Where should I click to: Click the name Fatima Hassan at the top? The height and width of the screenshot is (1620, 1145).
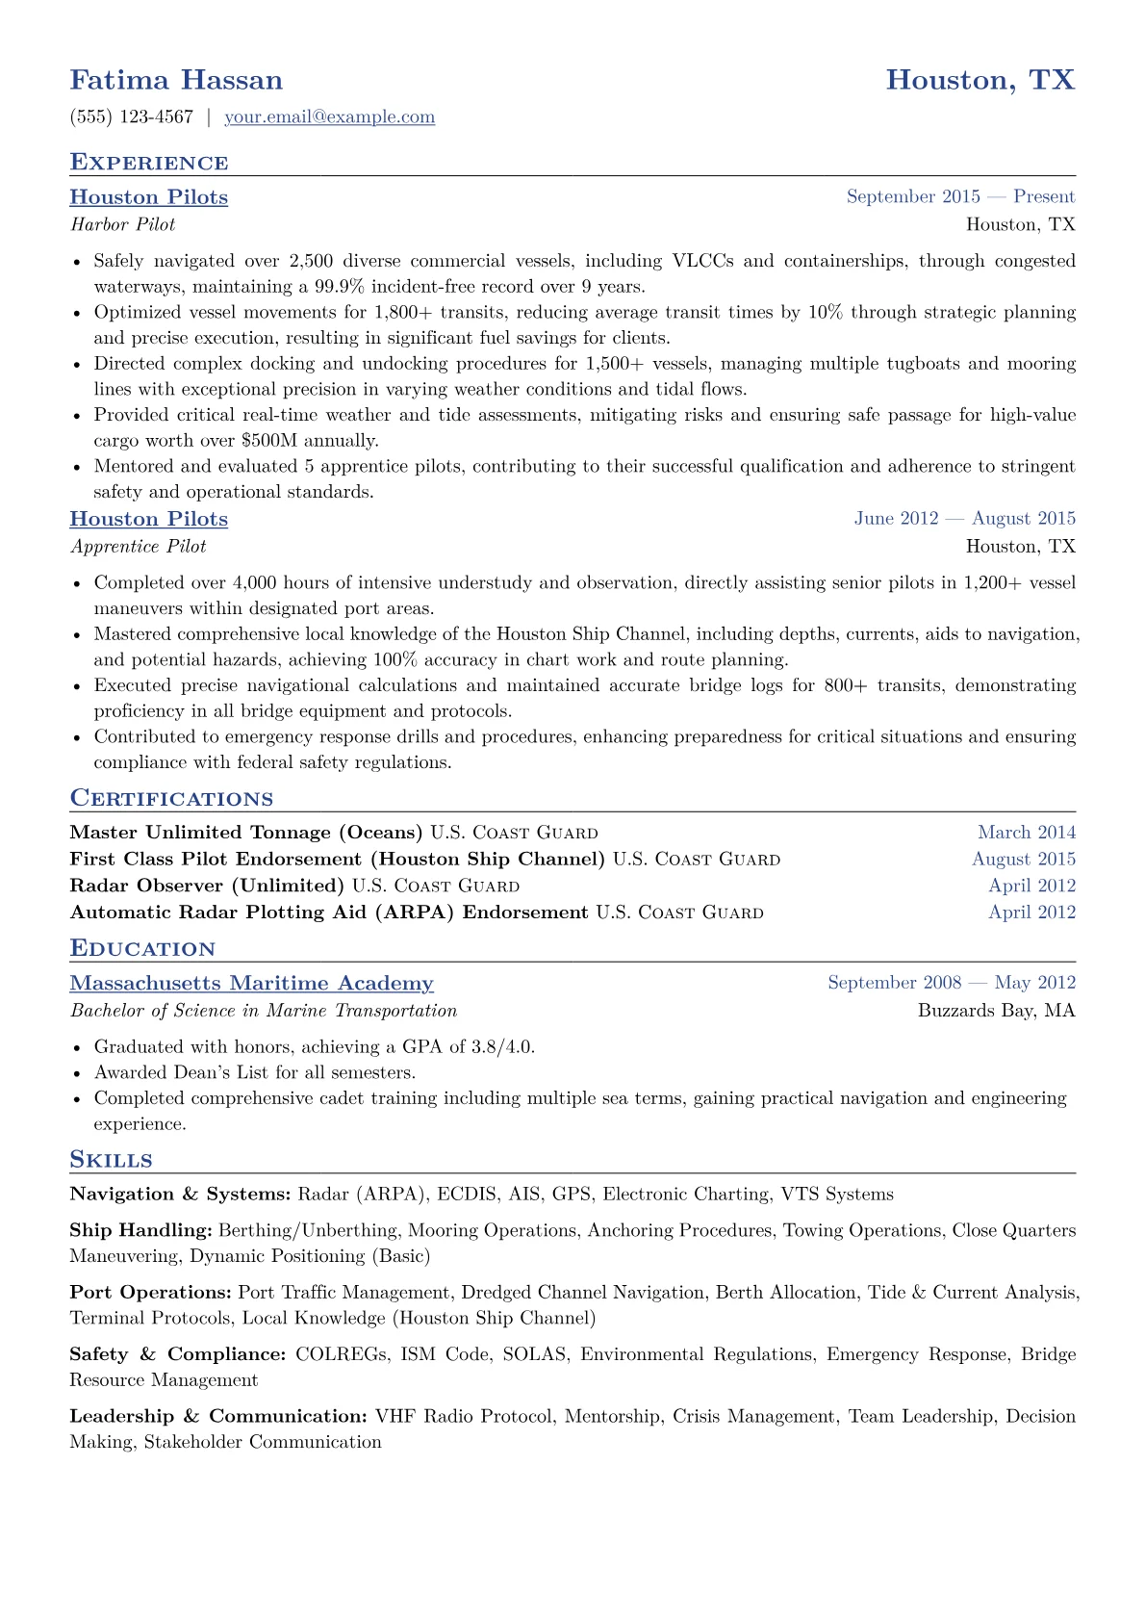click(176, 80)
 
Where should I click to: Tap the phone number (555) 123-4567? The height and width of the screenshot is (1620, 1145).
click(132, 117)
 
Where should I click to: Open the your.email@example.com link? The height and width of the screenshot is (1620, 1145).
click(329, 117)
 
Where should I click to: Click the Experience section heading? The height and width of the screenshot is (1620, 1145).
click(149, 163)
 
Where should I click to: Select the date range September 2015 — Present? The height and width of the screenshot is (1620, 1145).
click(960, 196)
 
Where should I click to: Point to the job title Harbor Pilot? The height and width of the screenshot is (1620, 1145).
click(122, 224)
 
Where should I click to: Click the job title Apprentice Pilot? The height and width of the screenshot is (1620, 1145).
click(138, 547)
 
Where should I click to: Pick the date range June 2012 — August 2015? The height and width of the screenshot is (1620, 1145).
click(964, 519)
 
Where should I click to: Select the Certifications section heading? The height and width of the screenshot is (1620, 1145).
click(171, 799)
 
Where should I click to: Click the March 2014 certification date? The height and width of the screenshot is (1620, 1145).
click(1027, 833)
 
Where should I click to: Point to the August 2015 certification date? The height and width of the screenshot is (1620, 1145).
click(1024, 860)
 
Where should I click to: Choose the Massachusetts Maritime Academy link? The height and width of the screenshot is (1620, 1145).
click(251, 984)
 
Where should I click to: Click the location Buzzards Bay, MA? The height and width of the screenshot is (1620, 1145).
click(996, 1011)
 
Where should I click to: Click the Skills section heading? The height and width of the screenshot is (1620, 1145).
click(111, 1160)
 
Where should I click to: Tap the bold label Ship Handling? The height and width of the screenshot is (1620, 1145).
click(140, 1231)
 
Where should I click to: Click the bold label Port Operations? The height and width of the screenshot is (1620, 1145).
click(150, 1293)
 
